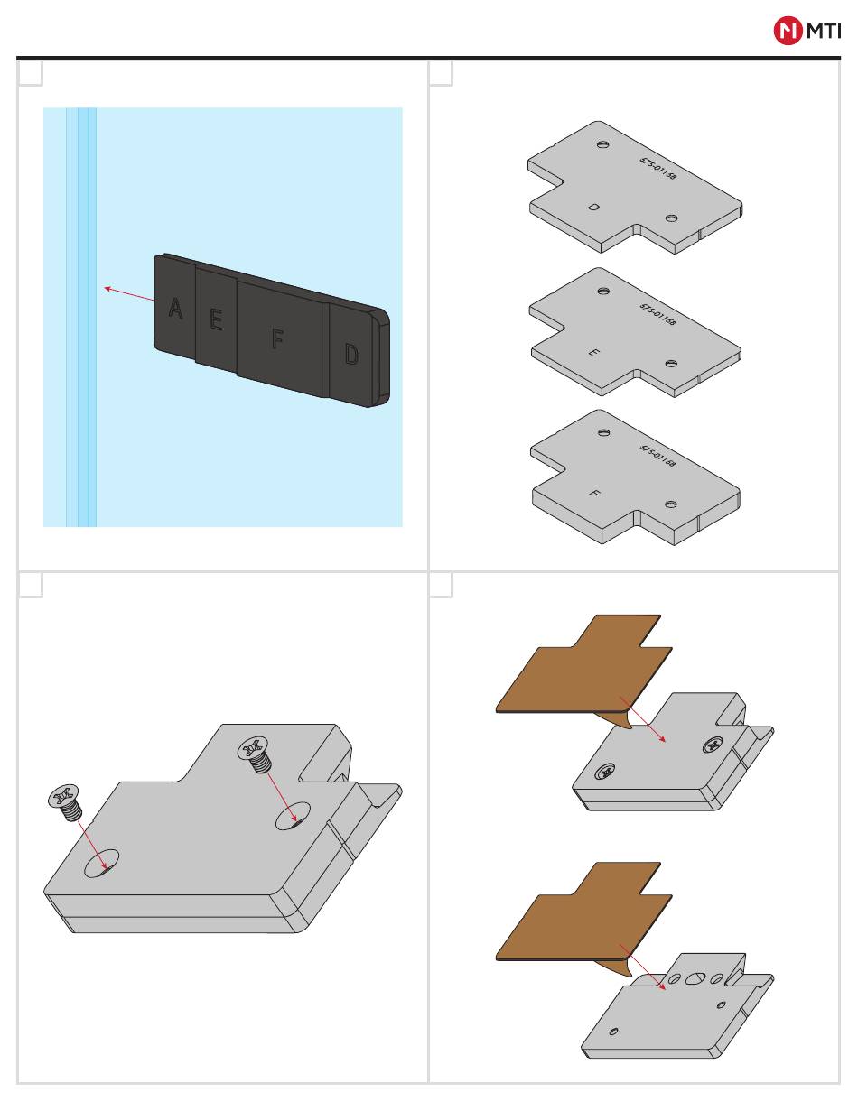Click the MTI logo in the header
point(807,32)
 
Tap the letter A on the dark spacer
point(175,309)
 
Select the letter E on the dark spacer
point(216,319)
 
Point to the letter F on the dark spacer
point(278,339)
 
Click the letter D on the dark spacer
point(351,355)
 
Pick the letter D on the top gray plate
point(593,208)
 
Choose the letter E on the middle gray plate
point(593,352)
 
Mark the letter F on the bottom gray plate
point(594,494)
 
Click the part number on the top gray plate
point(658,169)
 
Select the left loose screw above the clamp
point(65,801)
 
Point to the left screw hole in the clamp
point(102,863)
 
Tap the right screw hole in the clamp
point(293,815)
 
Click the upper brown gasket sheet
point(587,668)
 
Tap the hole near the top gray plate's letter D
point(671,218)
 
